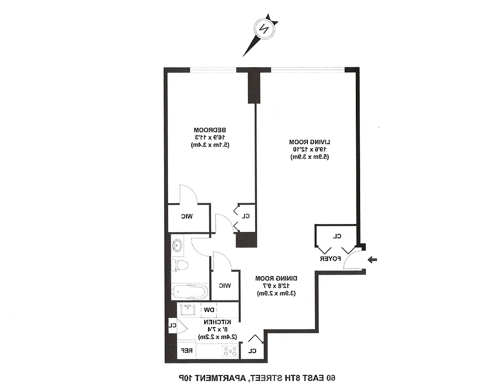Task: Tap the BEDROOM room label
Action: (x=211, y=130)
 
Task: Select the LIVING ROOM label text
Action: (x=310, y=142)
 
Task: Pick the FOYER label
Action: (x=330, y=259)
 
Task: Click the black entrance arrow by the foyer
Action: (x=373, y=260)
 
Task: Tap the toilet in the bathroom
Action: (x=180, y=265)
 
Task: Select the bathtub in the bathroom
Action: (x=190, y=292)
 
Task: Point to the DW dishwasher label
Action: (x=209, y=310)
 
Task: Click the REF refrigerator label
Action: (x=187, y=351)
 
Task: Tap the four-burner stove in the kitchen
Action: (x=229, y=351)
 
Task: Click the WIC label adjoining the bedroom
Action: (x=187, y=216)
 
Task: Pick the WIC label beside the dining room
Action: (x=225, y=285)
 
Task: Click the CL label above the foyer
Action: (x=337, y=236)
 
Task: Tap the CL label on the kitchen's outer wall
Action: (x=171, y=325)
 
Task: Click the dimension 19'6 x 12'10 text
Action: (x=310, y=149)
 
